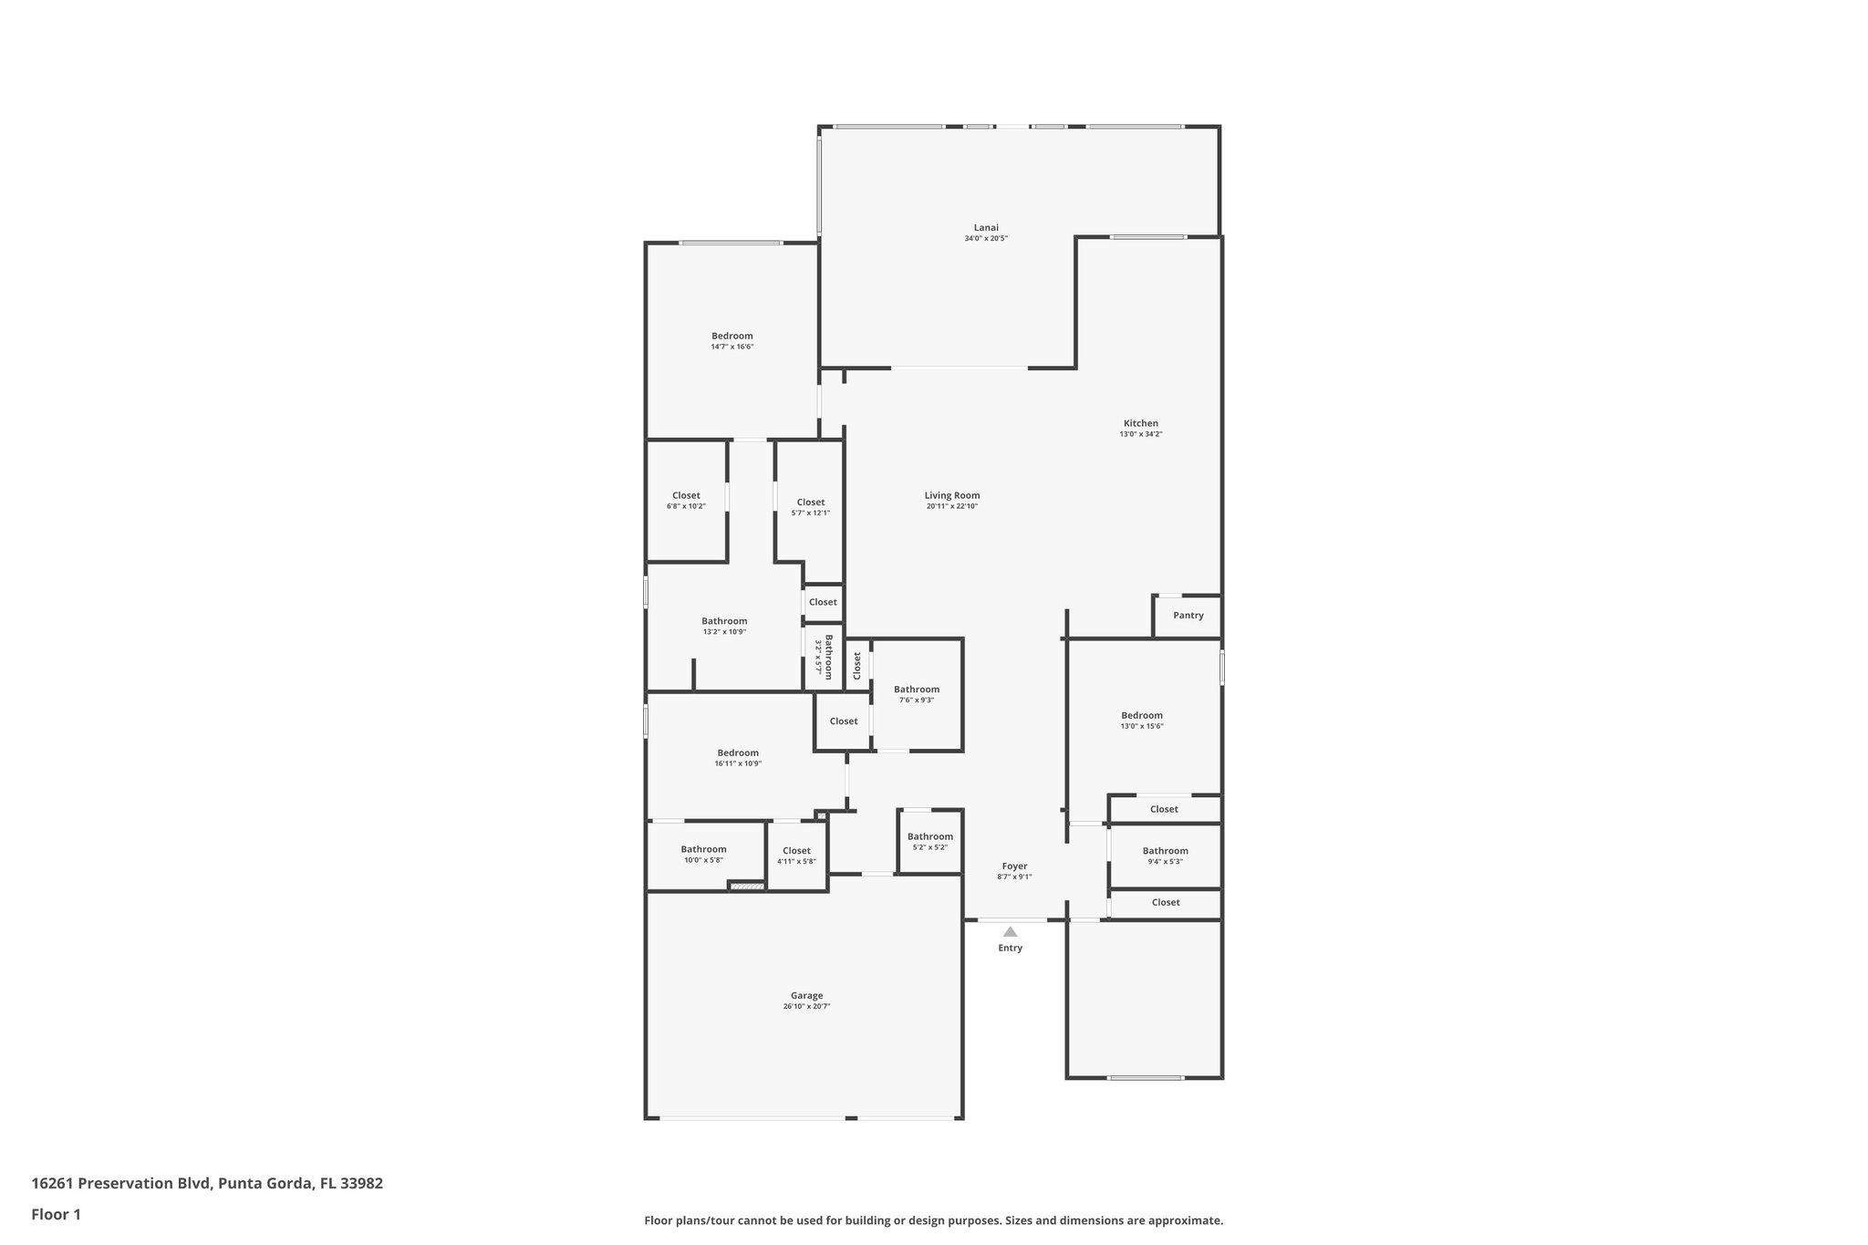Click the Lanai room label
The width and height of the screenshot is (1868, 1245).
pyautogui.click(x=986, y=228)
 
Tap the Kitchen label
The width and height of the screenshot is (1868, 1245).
pyautogui.click(x=1140, y=423)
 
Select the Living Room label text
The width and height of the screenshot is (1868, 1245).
pyautogui.click(x=952, y=495)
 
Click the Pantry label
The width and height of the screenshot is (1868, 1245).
pyautogui.click(x=1188, y=616)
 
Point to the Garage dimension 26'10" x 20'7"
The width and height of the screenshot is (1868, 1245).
pyautogui.click(x=806, y=1007)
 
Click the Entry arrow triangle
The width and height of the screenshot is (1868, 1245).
pyautogui.click(x=1010, y=932)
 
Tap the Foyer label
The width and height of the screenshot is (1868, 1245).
pyautogui.click(x=1014, y=866)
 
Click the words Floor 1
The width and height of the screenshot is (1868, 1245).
pyautogui.click(x=56, y=1214)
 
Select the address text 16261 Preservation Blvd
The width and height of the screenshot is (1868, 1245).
pyautogui.click(x=121, y=1183)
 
